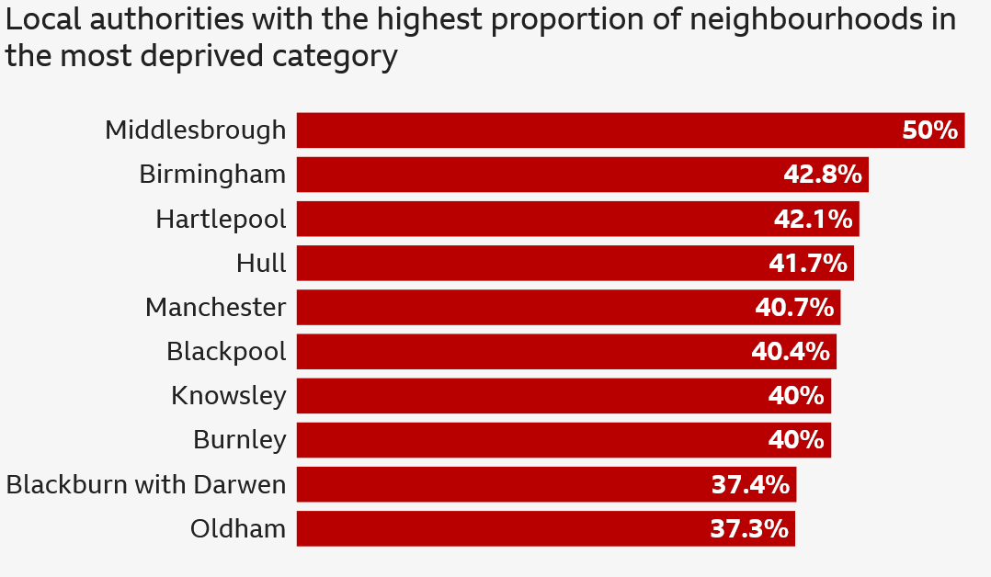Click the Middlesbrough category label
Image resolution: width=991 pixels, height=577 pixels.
coord(195,130)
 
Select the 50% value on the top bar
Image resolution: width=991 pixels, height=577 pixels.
coord(929,130)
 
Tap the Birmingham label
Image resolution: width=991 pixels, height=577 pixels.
coord(212,174)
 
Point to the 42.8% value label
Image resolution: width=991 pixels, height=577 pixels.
coord(822,175)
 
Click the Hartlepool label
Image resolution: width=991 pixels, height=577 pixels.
coord(221,219)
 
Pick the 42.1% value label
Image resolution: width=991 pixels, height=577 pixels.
coord(813,219)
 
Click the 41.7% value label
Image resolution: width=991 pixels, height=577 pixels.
coord(807,264)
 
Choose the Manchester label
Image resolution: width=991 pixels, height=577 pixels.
coord(215,307)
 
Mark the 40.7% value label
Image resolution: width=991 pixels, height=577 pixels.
coord(794,308)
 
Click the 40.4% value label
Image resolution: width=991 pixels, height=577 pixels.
coord(790,352)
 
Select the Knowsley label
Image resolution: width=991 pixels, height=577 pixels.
coord(228,396)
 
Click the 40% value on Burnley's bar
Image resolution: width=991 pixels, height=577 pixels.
coord(795,440)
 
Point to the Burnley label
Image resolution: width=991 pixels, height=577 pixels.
coord(239,440)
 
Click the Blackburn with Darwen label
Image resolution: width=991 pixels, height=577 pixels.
coord(146,484)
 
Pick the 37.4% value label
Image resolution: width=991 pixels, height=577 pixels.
coord(750,484)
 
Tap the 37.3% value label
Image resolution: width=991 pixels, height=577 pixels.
coord(749,529)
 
